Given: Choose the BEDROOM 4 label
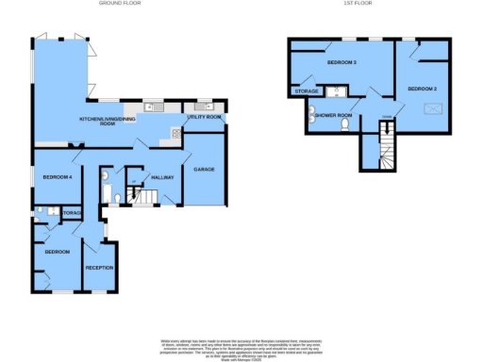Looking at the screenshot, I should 58,176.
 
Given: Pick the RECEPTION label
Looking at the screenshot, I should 99,268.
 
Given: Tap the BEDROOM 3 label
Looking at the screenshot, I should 341,62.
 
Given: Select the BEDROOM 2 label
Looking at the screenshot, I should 421,88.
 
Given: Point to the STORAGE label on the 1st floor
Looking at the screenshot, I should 306,91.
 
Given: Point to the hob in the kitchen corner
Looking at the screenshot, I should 175,134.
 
